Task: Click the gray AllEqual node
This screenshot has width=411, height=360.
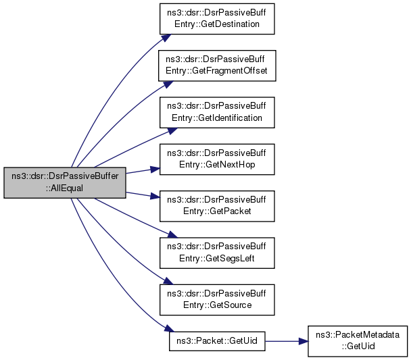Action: pyautogui.click(x=64, y=182)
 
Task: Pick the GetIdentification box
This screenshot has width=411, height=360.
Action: pyautogui.click(x=216, y=112)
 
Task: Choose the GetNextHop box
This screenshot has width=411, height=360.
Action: pyautogui.click(x=216, y=159)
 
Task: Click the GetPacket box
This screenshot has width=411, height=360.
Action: pyautogui.click(x=216, y=205)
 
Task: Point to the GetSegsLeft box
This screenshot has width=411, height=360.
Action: pyautogui.click(x=216, y=252)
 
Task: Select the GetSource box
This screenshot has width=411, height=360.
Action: pyautogui.click(x=216, y=299)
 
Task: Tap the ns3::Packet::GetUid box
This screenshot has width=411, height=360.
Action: pyautogui.click(x=216, y=340)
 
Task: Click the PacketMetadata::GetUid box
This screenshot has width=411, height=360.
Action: pyautogui.click(x=358, y=340)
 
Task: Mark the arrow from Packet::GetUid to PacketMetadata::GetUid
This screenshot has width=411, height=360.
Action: pyautogui.click(x=284, y=340)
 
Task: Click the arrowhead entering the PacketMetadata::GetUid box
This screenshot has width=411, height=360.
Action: pyautogui.click(x=304, y=340)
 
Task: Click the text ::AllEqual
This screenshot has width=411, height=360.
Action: pyautogui.click(x=64, y=188)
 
